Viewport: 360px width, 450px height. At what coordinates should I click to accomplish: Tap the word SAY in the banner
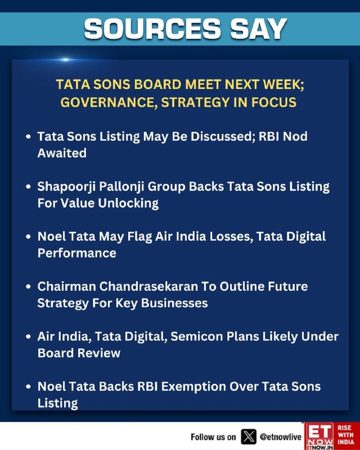(259, 29)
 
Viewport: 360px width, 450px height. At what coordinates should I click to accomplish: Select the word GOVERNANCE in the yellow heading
(109, 102)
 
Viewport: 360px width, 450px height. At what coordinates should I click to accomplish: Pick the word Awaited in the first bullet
(62, 153)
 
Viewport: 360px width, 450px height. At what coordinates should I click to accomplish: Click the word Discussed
(223, 136)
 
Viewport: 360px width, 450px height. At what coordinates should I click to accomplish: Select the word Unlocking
(128, 204)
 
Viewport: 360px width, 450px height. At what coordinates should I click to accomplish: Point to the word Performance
(77, 253)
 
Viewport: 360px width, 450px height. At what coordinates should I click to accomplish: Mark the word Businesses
(174, 303)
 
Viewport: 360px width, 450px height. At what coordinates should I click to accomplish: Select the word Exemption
(193, 386)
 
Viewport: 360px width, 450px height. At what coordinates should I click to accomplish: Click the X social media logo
(249, 437)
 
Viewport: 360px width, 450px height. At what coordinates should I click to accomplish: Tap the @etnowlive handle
(281, 437)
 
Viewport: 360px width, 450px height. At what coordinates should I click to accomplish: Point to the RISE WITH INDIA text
(346, 435)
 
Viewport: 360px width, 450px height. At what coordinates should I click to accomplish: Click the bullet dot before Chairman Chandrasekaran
(28, 287)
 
